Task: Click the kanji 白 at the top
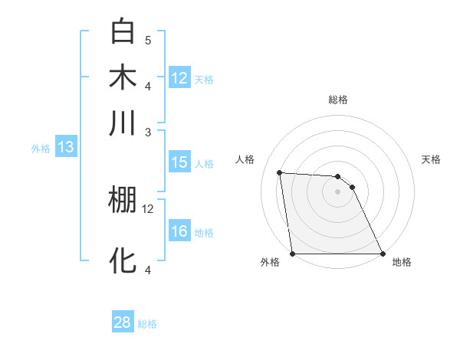coord(123,32)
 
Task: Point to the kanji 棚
coord(123,200)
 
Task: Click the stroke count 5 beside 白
coord(148,40)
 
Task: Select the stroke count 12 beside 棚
coord(148,208)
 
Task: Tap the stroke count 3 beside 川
coord(148,132)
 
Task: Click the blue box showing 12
coord(179,77)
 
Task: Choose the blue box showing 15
coord(179,162)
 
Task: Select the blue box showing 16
coord(179,231)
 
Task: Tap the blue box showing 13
coord(65,147)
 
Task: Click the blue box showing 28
coord(123,322)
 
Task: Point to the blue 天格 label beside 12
coord(204,79)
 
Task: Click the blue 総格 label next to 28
coord(147,324)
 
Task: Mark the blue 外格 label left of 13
coord(41,149)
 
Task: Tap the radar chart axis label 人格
coord(246,159)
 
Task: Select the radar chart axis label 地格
coord(402,262)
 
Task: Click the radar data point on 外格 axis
coord(292,254)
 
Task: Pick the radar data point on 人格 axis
coord(280,172)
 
